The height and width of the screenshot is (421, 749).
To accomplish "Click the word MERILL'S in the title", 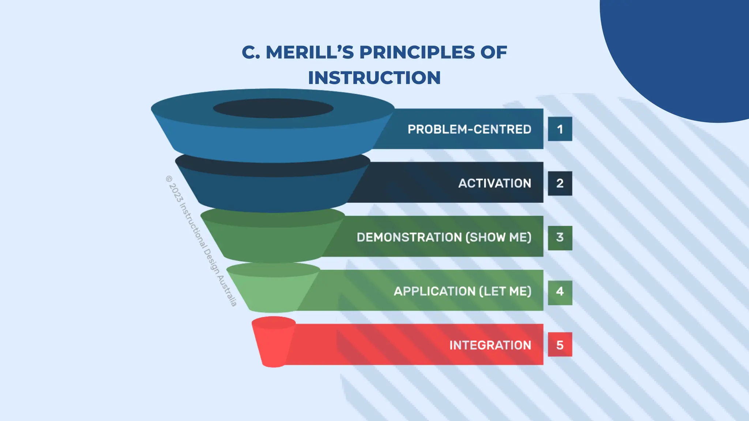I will pyautogui.click(x=309, y=52).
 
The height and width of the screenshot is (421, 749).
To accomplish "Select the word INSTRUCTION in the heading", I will pyautogui.click(x=374, y=78).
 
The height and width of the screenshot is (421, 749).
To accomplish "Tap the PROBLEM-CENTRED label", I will pyautogui.click(x=469, y=129).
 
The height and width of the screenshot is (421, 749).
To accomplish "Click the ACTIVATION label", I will pyautogui.click(x=494, y=183).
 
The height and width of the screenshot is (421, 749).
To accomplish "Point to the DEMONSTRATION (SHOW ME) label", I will pyautogui.click(x=444, y=237).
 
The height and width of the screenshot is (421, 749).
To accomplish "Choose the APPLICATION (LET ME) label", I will pyautogui.click(x=462, y=291).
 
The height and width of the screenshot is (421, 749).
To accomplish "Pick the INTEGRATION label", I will pyautogui.click(x=490, y=345).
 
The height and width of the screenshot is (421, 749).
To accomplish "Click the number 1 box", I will pyautogui.click(x=560, y=129).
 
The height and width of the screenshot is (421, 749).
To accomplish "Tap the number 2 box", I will pyautogui.click(x=560, y=183).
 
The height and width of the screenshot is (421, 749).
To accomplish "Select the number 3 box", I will pyautogui.click(x=560, y=238).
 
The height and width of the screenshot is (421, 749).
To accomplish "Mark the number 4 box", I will pyautogui.click(x=560, y=292).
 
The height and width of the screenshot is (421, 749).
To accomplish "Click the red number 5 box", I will pyautogui.click(x=560, y=345).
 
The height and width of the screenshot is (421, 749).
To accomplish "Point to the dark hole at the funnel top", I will pyautogui.click(x=273, y=108).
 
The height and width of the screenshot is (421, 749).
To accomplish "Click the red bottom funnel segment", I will pyautogui.click(x=273, y=344).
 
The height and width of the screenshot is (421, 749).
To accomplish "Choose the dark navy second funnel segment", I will pyautogui.click(x=272, y=190).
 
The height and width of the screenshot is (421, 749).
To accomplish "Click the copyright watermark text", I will pyautogui.click(x=201, y=241).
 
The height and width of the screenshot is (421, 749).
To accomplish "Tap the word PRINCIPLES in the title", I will pyautogui.click(x=417, y=52).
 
